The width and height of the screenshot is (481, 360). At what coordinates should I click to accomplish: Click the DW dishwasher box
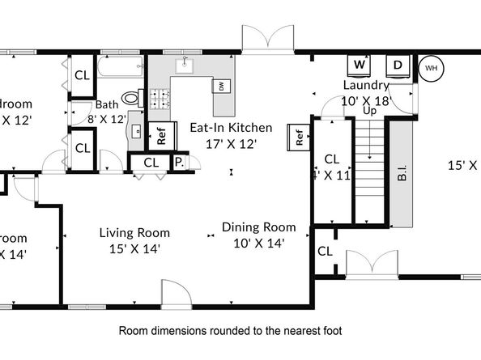point(220,86)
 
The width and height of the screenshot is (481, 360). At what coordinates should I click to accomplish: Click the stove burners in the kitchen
point(157,99)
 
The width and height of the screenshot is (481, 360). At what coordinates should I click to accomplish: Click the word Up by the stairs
point(369,111)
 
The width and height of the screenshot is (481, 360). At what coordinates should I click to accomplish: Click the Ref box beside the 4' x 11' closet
point(298,138)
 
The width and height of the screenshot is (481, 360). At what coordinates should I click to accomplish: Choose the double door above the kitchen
point(267,39)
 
